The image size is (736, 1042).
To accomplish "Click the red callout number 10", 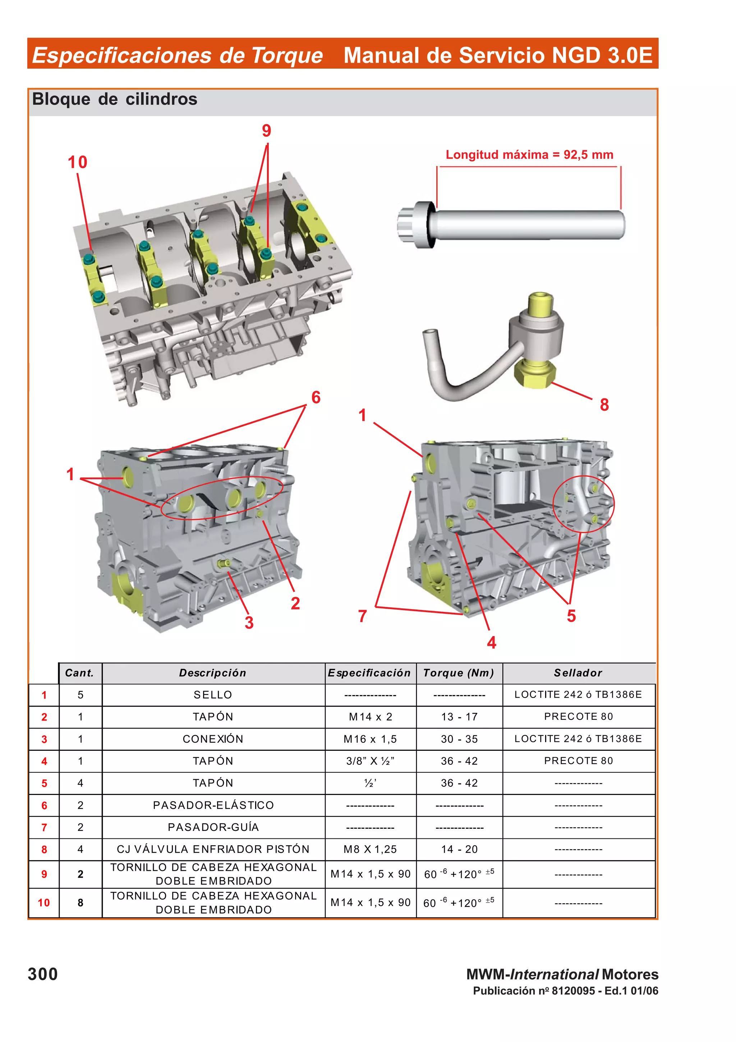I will [x=77, y=162].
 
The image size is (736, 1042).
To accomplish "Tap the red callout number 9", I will [x=266, y=131].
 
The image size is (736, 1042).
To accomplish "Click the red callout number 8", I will [x=604, y=405].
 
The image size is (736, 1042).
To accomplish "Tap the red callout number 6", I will [x=316, y=398].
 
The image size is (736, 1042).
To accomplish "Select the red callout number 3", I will [x=249, y=623].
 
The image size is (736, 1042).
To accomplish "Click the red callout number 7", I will [x=362, y=616].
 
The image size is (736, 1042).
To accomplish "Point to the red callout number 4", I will [x=491, y=642].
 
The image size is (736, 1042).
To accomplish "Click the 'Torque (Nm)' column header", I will [x=459, y=673].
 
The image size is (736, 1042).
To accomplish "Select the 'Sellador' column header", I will [x=578, y=673].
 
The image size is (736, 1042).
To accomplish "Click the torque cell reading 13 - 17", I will [x=459, y=717].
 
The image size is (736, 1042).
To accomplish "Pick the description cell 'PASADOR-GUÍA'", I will [x=213, y=827].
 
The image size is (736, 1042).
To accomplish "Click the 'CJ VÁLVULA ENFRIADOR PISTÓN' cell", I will [x=213, y=849].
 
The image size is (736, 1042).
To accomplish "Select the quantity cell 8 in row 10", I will [x=80, y=903].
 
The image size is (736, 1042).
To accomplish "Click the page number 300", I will [x=43, y=974].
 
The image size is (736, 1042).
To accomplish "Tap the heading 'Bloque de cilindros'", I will [x=114, y=99].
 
